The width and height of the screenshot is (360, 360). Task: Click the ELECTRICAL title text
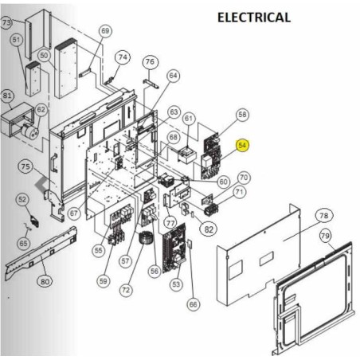tap(254, 18)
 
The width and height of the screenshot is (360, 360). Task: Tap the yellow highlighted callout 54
tap(242, 145)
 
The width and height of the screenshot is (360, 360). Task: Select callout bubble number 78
tap(324, 215)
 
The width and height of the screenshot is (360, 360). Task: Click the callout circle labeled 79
tap(325, 236)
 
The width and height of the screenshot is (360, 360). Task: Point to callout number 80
tap(45, 281)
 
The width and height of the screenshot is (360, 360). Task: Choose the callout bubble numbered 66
tap(193, 304)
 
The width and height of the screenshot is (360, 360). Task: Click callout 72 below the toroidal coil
tap(126, 290)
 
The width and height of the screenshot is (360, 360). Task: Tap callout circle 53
tap(176, 284)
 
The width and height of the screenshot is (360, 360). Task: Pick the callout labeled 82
tap(209, 229)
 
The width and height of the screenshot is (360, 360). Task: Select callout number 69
tap(105, 31)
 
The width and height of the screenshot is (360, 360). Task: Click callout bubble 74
tap(123, 57)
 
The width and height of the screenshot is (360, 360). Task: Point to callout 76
tap(150, 62)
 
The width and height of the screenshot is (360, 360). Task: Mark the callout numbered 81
tap(6, 96)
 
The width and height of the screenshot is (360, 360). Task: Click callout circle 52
tap(22, 199)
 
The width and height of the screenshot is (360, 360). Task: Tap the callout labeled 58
tap(242, 115)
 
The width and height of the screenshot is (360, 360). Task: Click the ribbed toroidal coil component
tap(145, 238)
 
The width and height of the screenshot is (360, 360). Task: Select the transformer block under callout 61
tap(187, 156)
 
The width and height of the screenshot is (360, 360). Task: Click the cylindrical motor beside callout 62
tap(30, 132)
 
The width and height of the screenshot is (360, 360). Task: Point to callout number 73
tap(6, 22)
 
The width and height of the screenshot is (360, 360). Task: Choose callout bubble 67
tap(74, 213)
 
